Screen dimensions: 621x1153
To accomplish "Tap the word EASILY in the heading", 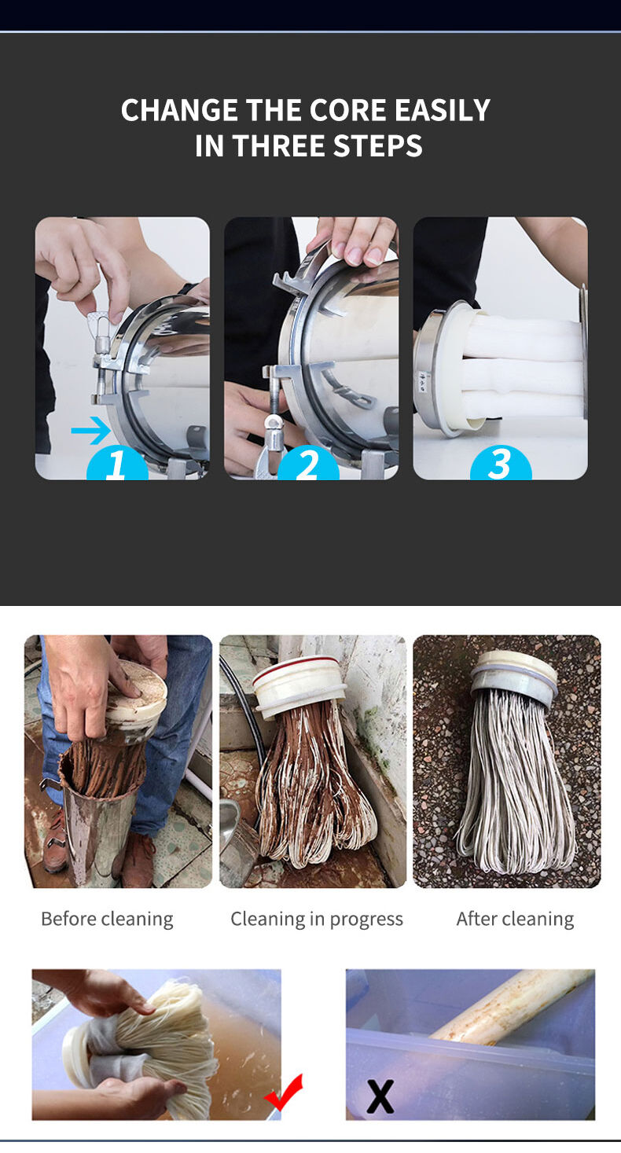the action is [x=443, y=110].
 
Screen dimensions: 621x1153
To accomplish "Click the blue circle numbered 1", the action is [x=117, y=463].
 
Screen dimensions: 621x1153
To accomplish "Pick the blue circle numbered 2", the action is [x=308, y=463].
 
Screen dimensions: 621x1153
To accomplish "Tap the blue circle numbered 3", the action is [x=501, y=463].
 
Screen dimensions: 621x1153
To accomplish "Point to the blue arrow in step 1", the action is [x=91, y=431].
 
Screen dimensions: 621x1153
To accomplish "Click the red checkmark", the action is [x=284, y=1092].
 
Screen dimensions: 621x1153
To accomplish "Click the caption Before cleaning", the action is [x=107, y=919].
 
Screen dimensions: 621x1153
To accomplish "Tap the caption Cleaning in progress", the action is [x=317, y=919].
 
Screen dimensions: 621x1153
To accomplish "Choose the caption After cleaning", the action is [x=515, y=919].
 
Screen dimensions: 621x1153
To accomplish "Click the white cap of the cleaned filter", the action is [x=513, y=673].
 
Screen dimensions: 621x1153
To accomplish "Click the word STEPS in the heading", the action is [x=378, y=145].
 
